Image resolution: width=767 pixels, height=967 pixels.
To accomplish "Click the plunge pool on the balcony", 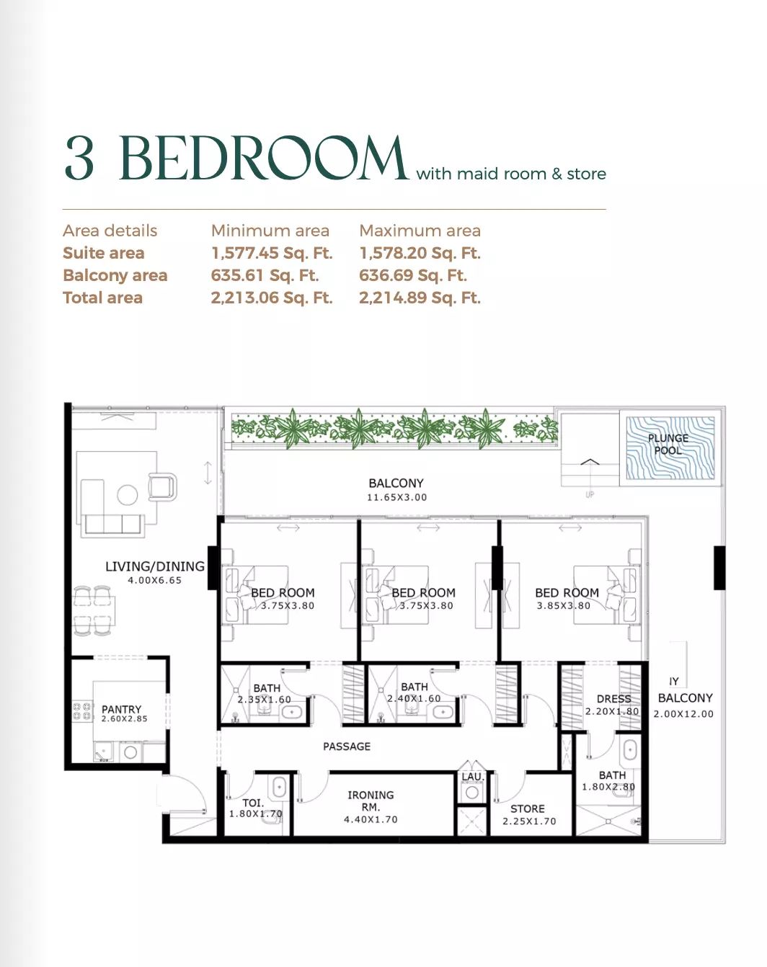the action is tap(670, 447).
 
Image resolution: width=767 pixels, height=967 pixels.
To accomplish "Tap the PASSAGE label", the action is tap(347, 747).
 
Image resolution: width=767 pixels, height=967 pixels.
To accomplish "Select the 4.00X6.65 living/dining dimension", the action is tap(155, 580).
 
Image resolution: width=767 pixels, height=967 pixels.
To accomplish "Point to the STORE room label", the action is tap(528, 808).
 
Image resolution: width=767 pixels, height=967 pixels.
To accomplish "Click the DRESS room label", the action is tap(613, 699).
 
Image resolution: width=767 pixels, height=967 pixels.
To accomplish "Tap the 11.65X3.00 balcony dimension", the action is tap(396, 497).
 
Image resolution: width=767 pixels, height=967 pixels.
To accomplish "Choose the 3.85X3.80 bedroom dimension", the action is tap(563, 606).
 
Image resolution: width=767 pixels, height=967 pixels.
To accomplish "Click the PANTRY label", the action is tap(121, 709).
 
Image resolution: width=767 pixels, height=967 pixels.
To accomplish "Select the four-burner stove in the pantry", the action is tap(82, 711).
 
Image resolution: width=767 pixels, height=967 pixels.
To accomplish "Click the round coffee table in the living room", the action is tap(128, 495).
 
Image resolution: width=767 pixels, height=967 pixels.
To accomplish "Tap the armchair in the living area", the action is tap(162, 486).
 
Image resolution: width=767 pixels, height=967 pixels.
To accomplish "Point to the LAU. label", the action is tap(472, 777).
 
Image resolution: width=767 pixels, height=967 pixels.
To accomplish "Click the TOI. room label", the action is tap(253, 803).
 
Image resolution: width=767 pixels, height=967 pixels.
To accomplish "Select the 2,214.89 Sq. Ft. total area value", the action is tap(420, 298).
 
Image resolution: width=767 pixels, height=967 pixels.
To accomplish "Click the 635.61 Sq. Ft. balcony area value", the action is tap(265, 275).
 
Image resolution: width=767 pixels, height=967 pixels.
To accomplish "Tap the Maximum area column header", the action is tap(420, 231).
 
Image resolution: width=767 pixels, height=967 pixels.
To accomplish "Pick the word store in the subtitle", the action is tap(586, 174).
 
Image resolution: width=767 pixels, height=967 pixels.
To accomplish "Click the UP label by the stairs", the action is tap(590, 494).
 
